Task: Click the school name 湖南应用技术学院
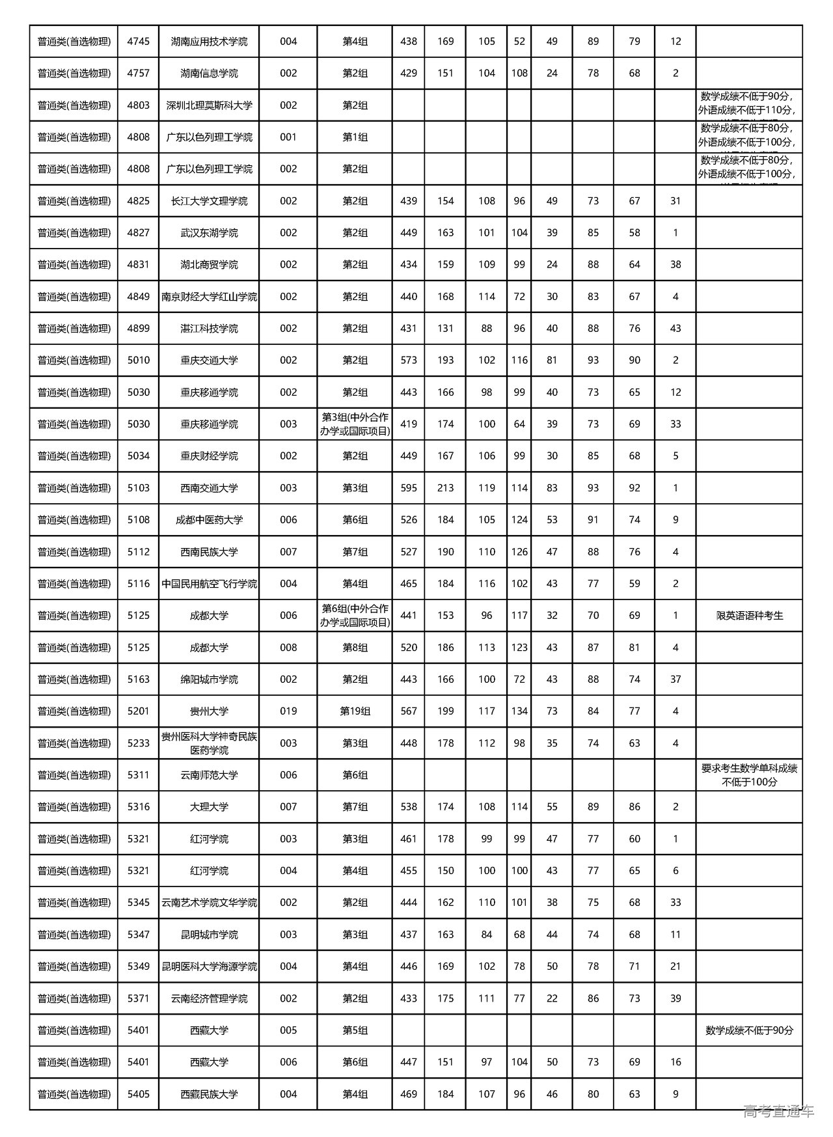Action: click(x=209, y=42)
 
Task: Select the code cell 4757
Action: click(x=139, y=74)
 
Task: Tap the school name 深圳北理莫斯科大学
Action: click(x=209, y=105)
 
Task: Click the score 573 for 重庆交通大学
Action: click(x=409, y=361)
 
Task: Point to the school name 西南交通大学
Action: click(x=209, y=488)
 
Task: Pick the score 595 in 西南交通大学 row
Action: click(x=409, y=488)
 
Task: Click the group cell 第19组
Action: click(x=355, y=711)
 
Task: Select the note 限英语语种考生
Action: click(x=749, y=616)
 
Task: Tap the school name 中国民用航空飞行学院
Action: click(x=209, y=584)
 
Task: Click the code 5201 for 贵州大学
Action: click(x=139, y=711)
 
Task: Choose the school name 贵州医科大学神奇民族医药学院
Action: click(x=209, y=743)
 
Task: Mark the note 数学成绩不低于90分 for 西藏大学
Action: click(x=749, y=1030)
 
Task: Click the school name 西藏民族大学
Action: click(x=209, y=1095)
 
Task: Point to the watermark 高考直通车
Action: click(x=778, y=1111)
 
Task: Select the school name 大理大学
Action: click(x=209, y=807)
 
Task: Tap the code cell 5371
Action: click(x=139, y=998)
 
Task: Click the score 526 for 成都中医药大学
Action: click(x=409, y=520)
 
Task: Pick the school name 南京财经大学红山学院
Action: click(x=209, y=297)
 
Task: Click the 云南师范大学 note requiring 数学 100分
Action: click(x=749, y=775)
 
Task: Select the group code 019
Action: click(x=288, y=711)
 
